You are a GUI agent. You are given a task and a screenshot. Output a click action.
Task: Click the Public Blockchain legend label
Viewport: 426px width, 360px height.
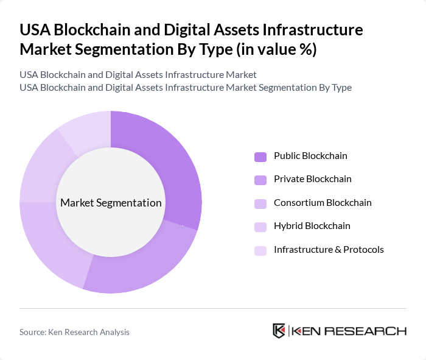click(x=310, y=156)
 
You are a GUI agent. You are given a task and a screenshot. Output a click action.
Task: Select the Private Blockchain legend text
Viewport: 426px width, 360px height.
click(x=312, y=179)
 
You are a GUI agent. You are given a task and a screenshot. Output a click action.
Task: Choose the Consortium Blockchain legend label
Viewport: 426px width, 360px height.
click(x=323, y=203)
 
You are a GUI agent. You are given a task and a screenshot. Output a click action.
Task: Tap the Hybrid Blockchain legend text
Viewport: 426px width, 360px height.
click(x=312, y=226)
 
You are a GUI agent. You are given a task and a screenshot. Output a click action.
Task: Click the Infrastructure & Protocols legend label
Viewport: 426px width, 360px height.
click(x=329, y=250)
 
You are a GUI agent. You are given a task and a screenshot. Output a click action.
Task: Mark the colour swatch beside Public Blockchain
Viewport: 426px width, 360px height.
click(x=260, y=157)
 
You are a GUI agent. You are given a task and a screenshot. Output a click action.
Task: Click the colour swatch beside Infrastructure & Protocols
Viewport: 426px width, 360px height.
click(x=260, y=250)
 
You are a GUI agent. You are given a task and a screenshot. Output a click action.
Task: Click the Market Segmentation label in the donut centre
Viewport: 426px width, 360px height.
click(x=111, y=203)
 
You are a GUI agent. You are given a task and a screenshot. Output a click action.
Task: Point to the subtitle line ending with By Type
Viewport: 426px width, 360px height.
click(x=186, y=87)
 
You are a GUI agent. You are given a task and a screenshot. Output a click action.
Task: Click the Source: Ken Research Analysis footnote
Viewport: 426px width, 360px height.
click(x=74, y=332)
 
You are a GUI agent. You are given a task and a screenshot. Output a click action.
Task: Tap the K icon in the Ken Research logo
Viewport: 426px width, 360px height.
click(x=279, y=331)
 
